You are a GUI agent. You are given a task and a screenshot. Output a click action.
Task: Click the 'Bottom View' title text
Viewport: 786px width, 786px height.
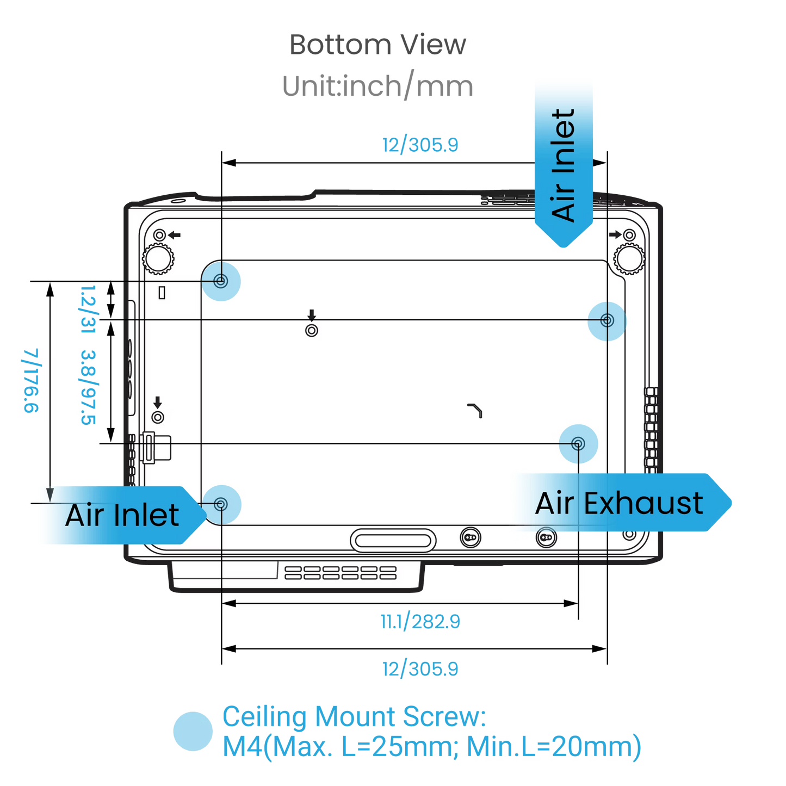coord(377,45)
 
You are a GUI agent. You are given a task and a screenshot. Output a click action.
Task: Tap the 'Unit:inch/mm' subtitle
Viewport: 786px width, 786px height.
coord(377,86)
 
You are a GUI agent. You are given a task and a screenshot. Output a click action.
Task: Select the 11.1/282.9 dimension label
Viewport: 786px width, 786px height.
coord(420,621)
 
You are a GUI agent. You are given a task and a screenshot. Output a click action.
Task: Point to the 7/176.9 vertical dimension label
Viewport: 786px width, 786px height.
coord(31,380)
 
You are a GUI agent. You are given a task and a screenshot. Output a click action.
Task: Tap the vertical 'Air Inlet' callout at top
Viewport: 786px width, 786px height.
coord(564,163)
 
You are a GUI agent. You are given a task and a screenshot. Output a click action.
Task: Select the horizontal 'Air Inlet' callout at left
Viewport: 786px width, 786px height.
coord(122,515)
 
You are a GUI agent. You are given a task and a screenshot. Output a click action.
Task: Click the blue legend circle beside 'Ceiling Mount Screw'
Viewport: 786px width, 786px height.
coord(193,731)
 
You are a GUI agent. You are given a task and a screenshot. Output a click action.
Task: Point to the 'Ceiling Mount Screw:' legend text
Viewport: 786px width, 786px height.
coord(354,716)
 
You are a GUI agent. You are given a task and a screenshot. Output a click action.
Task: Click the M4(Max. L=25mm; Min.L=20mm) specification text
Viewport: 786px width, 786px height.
coord(432,747)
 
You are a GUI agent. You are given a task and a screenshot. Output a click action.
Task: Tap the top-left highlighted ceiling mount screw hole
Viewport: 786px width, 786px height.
coord(221,281)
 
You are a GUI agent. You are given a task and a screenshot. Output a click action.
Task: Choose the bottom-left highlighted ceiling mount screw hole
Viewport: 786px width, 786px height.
coord(221,504)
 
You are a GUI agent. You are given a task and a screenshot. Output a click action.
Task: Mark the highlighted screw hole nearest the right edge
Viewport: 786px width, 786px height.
coord(607,320)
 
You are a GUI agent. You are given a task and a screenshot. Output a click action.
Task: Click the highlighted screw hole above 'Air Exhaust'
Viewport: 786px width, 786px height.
coord(578,444)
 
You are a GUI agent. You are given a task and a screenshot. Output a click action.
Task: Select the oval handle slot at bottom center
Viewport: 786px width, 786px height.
coord(393,541)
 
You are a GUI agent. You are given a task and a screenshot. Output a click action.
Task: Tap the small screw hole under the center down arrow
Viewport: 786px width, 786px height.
coord(312,330)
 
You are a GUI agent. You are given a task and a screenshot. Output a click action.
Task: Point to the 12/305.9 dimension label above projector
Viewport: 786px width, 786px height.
coord(420,145)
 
